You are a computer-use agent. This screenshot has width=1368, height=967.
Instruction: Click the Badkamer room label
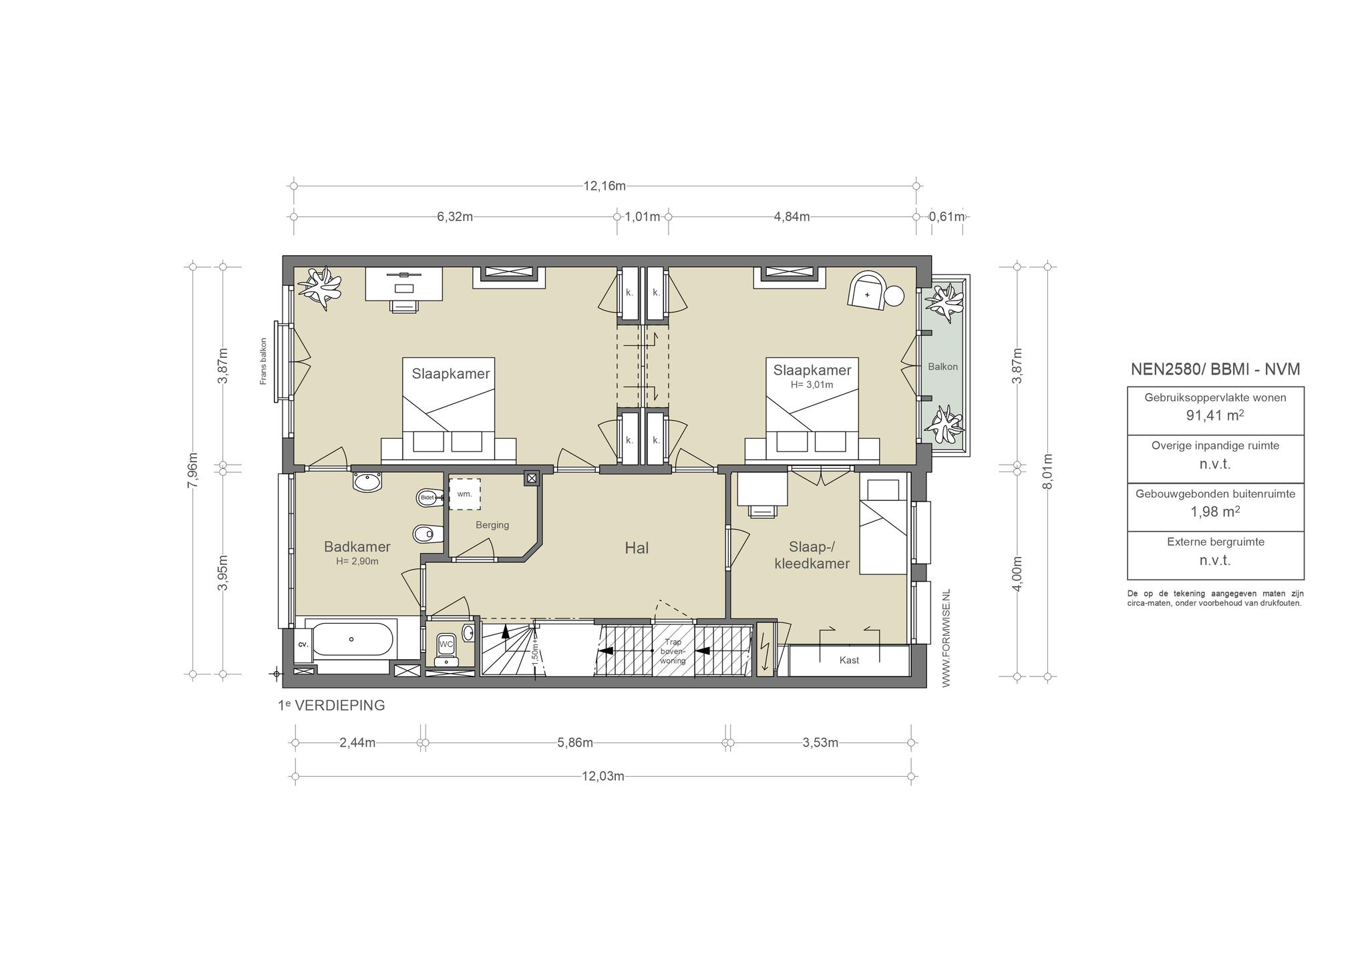[x=357, y=547]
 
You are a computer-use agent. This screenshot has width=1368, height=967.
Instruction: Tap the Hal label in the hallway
[x=637, y=548]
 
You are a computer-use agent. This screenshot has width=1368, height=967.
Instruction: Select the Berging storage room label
[x=492, y=525]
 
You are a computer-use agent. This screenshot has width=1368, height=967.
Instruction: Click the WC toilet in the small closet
[x=446, y=645]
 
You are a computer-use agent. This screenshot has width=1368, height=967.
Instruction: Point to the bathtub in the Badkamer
[x=352, y=639]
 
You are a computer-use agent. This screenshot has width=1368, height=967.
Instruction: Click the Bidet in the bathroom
[x=427, y=498]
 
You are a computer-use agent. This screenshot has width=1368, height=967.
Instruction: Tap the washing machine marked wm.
[x=464, y=494]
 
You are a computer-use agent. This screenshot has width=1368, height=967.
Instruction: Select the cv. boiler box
[x=303, y=644]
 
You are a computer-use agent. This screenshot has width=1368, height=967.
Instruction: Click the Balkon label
[x=943, y=367]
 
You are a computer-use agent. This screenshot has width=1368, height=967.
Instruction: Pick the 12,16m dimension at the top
[x=605, y=186]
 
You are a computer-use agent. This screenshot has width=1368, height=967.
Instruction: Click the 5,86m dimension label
[x=575, y=743]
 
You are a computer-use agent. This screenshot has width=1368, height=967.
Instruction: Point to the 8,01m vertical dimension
[x=1047, y=471]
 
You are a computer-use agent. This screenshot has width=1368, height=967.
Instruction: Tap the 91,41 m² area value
[x=1215, y=415]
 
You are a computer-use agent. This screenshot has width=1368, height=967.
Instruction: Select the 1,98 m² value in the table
[x=1215, y=512]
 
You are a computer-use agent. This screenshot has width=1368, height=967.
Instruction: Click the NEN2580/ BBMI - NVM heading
[x=1215, y=369]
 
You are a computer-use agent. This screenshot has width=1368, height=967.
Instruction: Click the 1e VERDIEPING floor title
[x=331, y=705]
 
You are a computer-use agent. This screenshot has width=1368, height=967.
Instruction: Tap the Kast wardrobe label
[x=849, y=660]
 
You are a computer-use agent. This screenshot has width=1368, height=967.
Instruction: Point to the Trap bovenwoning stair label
[x=673, y=651]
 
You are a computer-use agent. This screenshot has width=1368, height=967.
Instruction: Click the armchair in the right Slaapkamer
[x=866, y=291]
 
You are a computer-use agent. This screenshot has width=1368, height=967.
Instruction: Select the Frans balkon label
[x=264, y=361]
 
